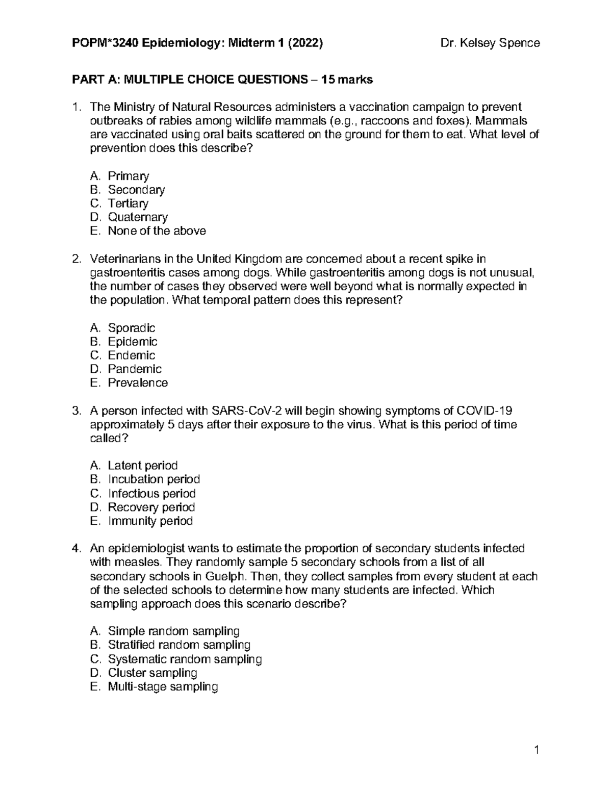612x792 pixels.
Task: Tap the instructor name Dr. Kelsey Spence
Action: [x=490, y=43]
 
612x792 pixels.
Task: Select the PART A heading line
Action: [x=222, y=80]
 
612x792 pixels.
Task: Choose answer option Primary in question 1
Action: [x=128, y=176]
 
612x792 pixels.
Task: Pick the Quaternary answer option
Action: [x=138, y=217]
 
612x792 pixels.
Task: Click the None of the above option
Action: [x=157, y=231]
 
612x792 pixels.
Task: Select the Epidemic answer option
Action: [x=133, y=342]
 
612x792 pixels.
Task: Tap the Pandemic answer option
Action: [x=135, y=369]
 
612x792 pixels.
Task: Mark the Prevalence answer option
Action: [x=138, y=383]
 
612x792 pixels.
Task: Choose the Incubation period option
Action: [x=154, y=479]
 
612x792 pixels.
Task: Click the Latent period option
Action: [x=142, y=466]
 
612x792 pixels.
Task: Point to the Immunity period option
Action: [x=150, y=521]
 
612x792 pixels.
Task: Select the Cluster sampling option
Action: [x=152, y=673]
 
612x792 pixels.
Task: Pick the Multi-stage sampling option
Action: [x=163, y=687]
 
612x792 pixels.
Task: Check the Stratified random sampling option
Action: [x=179, y=646]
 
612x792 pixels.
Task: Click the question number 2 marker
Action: [x=76, y=259]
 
